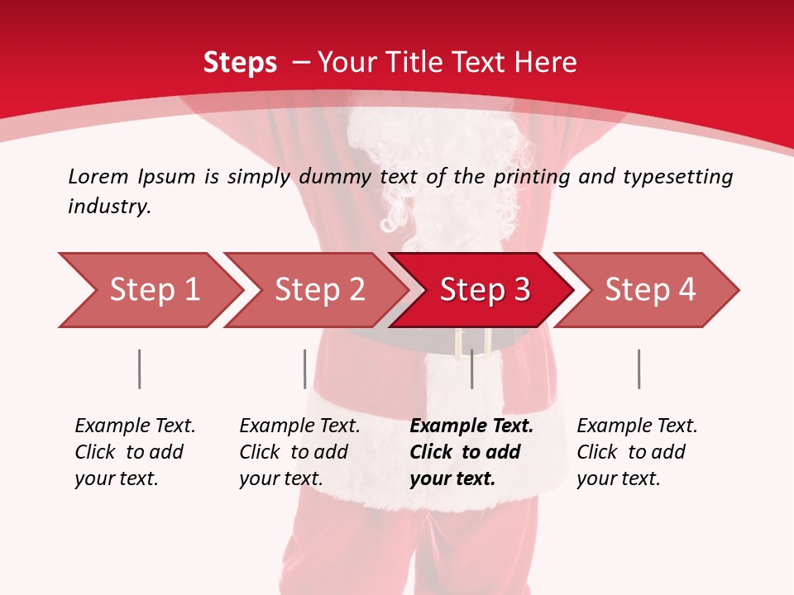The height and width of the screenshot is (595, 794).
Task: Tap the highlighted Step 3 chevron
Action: (x=485, y=290)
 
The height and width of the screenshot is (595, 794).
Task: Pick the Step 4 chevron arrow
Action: (x=650, y=290)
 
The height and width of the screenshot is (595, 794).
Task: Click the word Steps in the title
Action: (x=240, y=62)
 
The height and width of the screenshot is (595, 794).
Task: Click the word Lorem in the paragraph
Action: (x=98, y=176)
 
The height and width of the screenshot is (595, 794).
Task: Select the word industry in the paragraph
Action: (x=109, y=207)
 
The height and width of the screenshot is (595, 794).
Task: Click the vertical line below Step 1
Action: (x=139, y=369)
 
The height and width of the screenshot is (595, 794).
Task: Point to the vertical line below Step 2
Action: (x=304, y=369)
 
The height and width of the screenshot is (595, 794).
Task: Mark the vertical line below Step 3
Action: (x=471, y=369)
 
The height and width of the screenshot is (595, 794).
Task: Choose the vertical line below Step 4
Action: (x=639, y=369)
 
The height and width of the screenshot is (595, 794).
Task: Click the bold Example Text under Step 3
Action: (x=471, y=426)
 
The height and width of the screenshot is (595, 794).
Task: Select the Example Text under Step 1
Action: (x=135, y=426)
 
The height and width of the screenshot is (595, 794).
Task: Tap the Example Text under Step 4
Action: (x=637, y=426)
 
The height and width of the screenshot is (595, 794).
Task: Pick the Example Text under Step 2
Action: (x=299, y=426)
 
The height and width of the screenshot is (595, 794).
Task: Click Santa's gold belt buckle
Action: (x=473, y=342)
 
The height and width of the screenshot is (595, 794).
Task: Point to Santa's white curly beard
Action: (x=405, y=165)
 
